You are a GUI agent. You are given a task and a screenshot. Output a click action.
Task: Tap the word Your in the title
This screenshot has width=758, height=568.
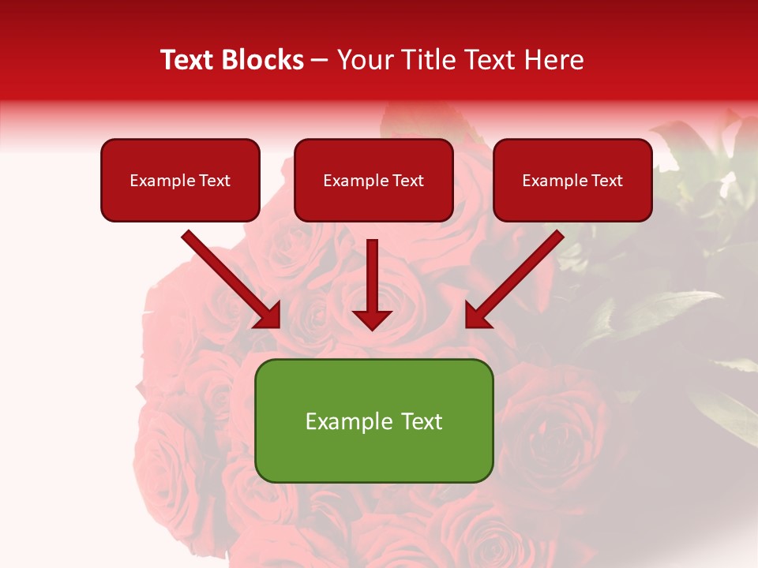[x=366, y=60]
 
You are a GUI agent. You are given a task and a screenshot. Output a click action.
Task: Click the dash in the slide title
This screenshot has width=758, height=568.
[x=321, y=60]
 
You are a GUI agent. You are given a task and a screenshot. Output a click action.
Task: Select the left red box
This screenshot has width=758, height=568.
[x=180, y=180]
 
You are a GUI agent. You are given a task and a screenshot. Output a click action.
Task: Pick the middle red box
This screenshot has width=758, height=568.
[x=373, y=180]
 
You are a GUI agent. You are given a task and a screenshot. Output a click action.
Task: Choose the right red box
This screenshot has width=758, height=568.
[x=572, y=180]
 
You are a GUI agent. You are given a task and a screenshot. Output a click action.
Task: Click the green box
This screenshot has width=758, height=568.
[x=373, y=420]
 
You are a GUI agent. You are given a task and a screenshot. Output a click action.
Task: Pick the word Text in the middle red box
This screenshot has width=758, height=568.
[x=407, y=181]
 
